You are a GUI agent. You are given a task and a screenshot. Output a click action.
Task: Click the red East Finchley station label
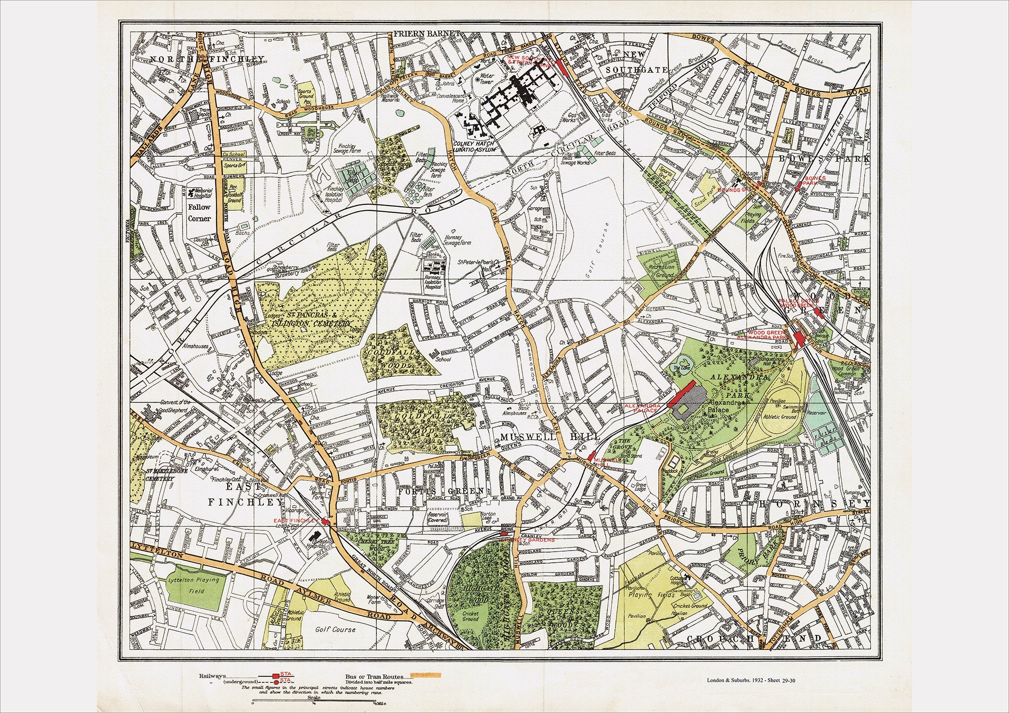[x=296, y=520]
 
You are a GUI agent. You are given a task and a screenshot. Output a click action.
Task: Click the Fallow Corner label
[x=199, y=213]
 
